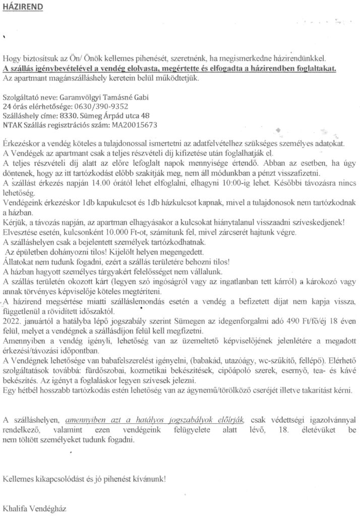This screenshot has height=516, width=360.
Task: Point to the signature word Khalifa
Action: click(x=17, y=506)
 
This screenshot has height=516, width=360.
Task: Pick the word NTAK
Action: click(x=12, y=124)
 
